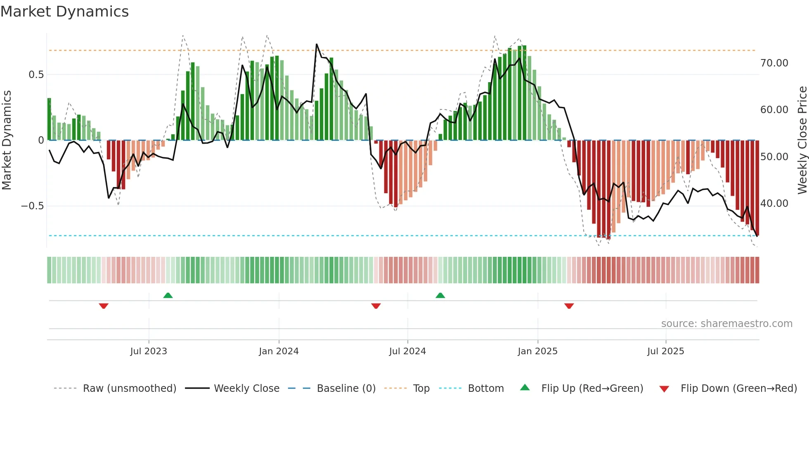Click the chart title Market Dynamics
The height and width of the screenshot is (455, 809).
click(x=64, y=12)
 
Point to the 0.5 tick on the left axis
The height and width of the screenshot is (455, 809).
click(x=36, y=75)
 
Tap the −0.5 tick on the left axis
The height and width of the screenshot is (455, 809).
click(x=33, y=206)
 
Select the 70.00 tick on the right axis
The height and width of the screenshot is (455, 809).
click(x=774, y=63)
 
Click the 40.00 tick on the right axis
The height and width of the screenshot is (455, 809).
click(x=774, y=204)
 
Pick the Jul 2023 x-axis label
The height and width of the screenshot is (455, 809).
click(x=149, y=351)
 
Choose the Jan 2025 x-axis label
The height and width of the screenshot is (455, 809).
click(x=537, y=351)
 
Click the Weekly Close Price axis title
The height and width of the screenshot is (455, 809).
click(x=802, y=140)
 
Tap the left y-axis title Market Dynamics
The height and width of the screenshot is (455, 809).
click(x=7, y=140)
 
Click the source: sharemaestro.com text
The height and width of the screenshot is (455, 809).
click(x=726, y=324)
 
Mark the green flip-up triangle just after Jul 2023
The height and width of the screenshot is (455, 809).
click(x=168, y=296)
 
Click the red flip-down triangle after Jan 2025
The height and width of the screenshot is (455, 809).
click(x=569, y=306)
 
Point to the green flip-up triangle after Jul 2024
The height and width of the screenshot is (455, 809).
click(x=440, y=296)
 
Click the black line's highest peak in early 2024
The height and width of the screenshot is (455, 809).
click(x=317, y=44)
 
